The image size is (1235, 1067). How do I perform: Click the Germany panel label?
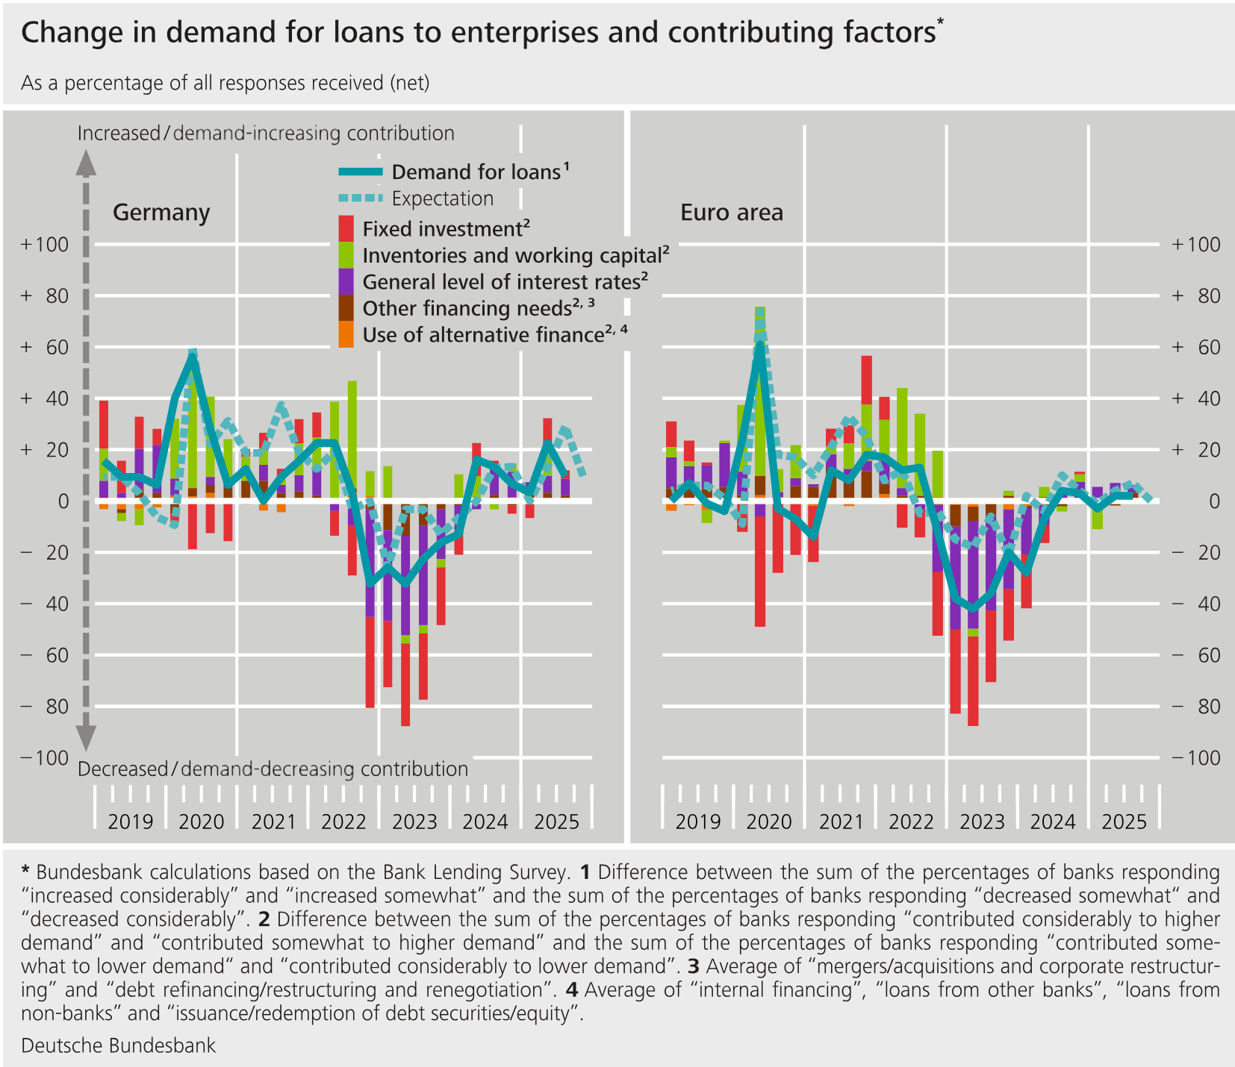[x=161, y=213]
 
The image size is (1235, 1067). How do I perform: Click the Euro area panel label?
[x=731, y=213]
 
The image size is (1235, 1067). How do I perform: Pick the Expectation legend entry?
[x=442, y=198]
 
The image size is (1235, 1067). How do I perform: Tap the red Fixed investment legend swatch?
[x=346, y=228]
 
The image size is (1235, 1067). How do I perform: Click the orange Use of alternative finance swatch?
[x=346, y=334]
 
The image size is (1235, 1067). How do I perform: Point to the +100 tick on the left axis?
[x=45, y=245]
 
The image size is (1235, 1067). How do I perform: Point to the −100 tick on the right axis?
[x=1195, y=757]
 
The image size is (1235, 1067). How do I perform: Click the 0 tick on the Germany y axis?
[x=63, y=501]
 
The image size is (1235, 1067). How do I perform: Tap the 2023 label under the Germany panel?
[x=414, y=822]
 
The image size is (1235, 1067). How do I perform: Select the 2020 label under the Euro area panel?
[x=769, y=822]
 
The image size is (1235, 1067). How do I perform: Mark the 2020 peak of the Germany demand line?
[x=192, y=357]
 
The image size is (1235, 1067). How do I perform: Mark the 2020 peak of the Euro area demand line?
[x=759, y=342]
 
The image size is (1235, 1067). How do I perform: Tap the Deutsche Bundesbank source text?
[x=118, y=1045]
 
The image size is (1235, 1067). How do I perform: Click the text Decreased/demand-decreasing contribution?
[x=273, y=769]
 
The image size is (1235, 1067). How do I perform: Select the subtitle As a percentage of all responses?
[x=224, y=83]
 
